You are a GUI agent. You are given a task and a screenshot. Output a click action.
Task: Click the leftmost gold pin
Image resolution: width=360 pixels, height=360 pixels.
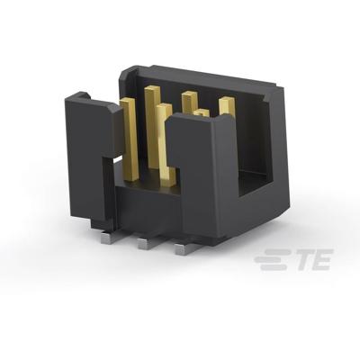click(129, 135)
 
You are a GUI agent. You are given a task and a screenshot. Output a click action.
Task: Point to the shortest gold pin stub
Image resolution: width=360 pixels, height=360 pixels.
click(203, 113)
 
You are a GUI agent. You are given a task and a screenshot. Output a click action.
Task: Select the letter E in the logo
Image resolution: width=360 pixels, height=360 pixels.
click(319, 261)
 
